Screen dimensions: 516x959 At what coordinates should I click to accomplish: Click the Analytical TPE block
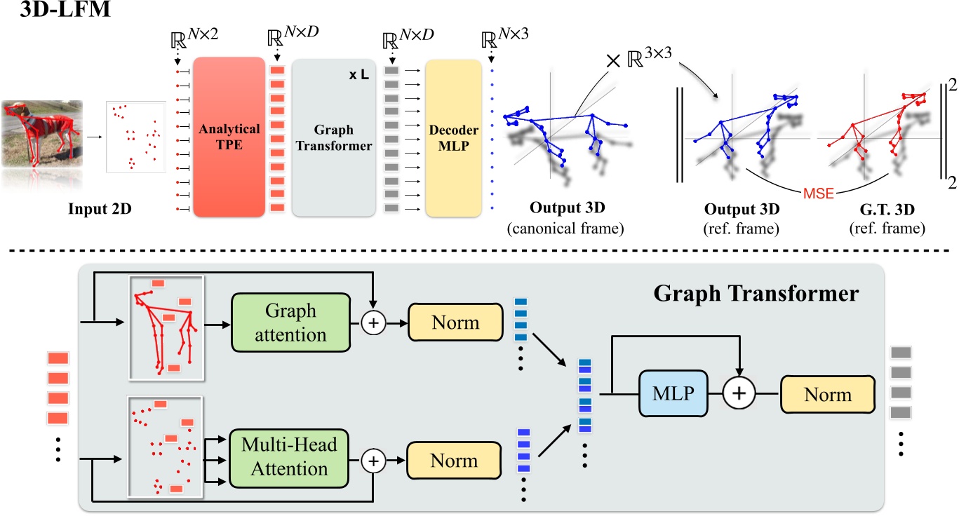pos(229,137)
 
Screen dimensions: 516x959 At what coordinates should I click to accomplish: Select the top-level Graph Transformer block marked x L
pos(333,137)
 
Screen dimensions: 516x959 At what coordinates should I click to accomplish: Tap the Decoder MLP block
pos(452,137)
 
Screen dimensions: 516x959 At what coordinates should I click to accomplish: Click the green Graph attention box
pos(290,323)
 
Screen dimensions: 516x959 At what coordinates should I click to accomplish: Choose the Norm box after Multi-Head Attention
pos(456,461)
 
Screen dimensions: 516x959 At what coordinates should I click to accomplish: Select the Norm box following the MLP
pos(829,394)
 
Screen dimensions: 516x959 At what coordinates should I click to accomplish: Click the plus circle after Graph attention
pos(373,323)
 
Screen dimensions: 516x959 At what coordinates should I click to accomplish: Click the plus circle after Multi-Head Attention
pos(373,461)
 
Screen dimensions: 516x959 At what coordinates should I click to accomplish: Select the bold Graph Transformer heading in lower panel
pos(756,294)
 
